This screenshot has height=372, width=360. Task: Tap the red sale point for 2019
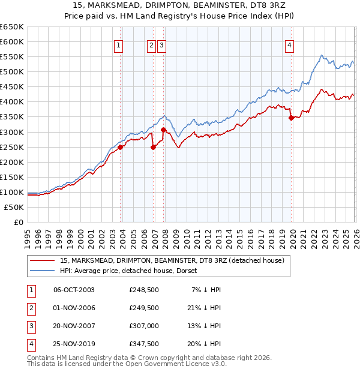click(x=292, y=118)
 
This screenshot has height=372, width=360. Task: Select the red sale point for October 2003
click(x=121, y=147)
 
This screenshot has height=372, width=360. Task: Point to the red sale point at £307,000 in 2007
click(x=164, y=130)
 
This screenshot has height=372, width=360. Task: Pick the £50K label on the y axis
click(x=14, y=207)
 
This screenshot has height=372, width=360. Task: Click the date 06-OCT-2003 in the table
click(x=74, y=290)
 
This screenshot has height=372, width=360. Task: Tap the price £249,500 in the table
click(x=144, y=308)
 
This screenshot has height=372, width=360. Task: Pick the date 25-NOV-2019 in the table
click(x=74, y=344)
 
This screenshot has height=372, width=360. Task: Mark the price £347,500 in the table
click(x=144, y=344)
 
